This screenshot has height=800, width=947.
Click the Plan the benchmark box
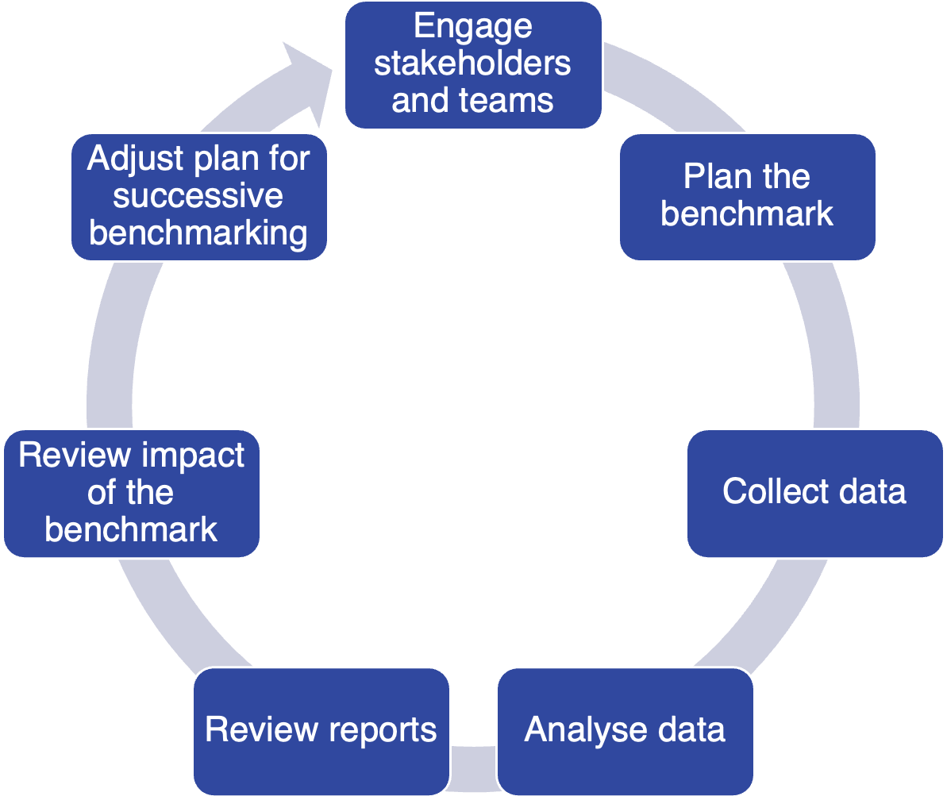pyautogui.click(x=747, y=196)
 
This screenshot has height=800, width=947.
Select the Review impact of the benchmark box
pyautogui.click(x=131, y=493)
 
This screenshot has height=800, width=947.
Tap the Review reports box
pyautogui.click(x=321, y=730)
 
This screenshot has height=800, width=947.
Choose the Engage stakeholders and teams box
pyautogui.click(x=473, y=64)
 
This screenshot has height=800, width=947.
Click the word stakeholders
pyautogui.click(x=473, y=63)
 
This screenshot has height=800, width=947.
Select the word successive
pyautogui.click(x=198, y=196)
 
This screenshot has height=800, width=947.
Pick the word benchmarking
pyautogui.click(x=198, y=233)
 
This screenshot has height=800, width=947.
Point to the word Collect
pyautogui.click(x=764, y=492)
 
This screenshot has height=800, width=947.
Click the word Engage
pyautogui.click(x=473, y=27)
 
